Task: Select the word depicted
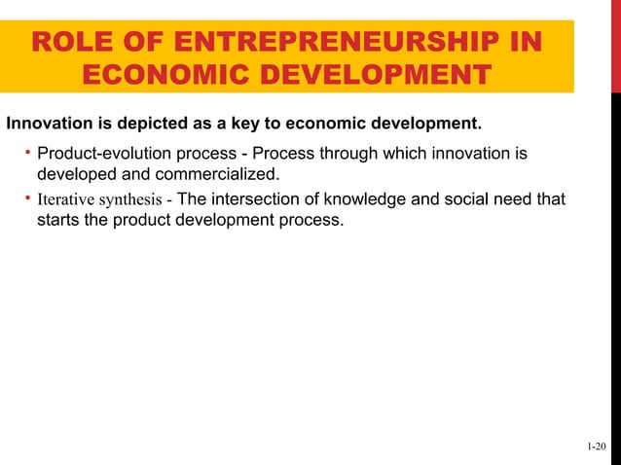(x=143, y=125)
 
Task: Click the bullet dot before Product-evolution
(x=27, y=154)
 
